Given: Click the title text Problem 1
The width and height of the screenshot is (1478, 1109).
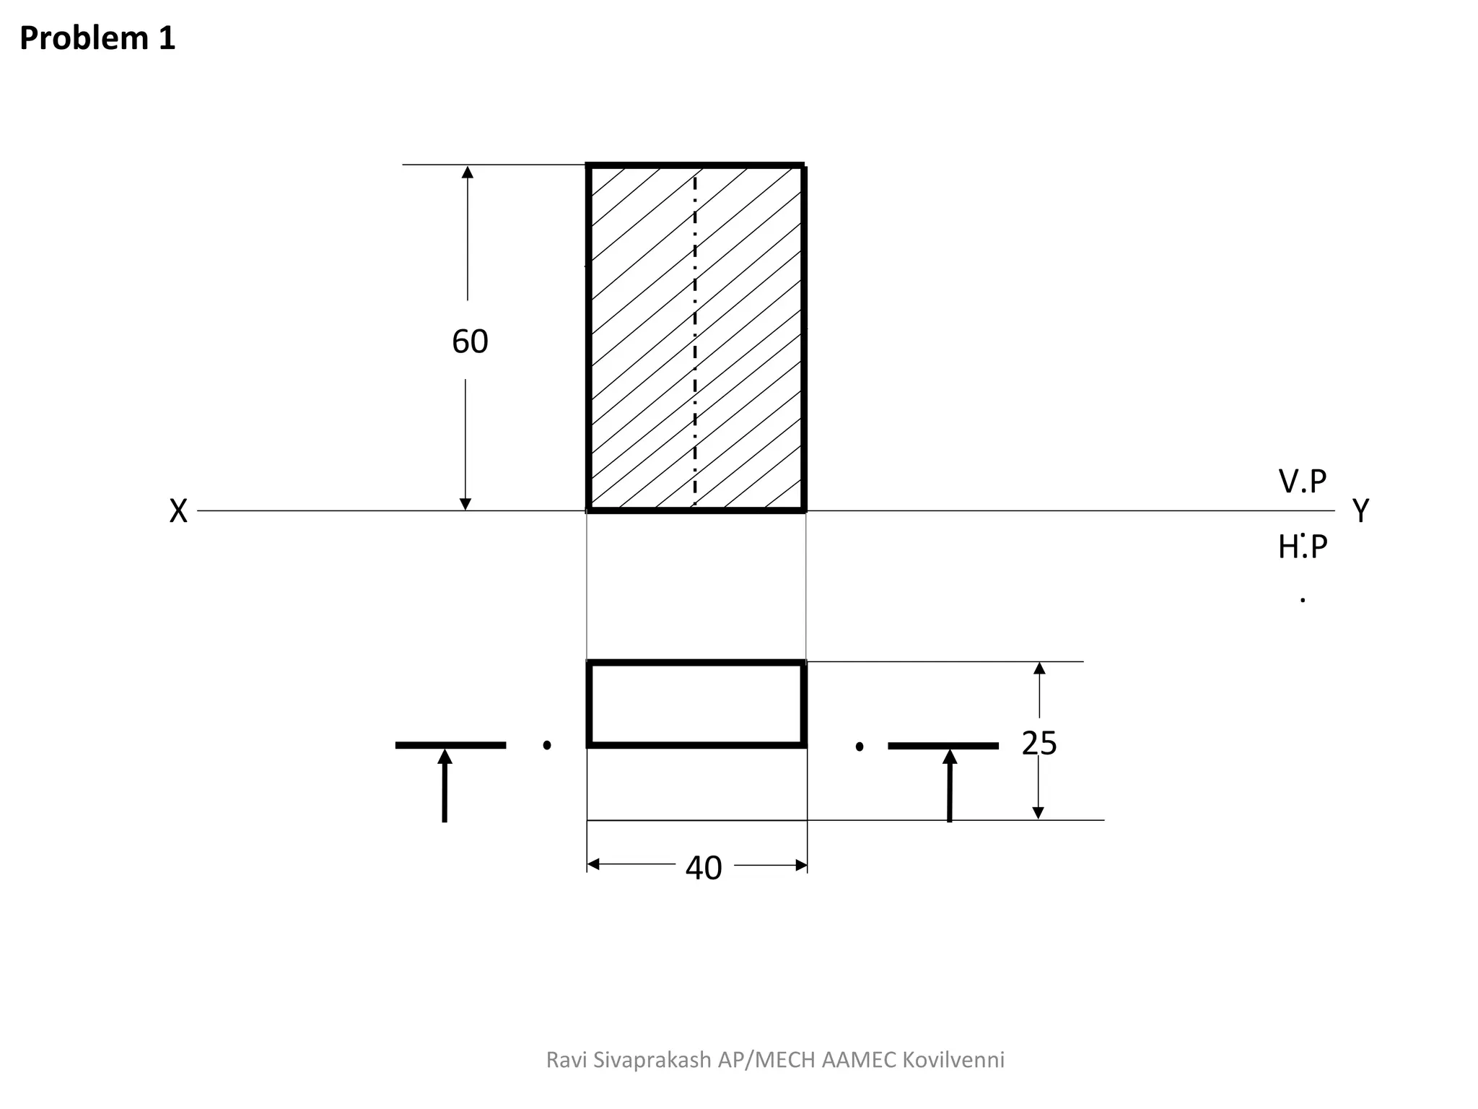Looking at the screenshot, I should [97, 38].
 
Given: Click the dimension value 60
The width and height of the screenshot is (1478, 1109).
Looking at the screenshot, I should [470, 342].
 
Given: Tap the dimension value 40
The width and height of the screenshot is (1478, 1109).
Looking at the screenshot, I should [704, 868].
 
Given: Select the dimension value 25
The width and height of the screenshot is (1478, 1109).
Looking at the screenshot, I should [1039, 743].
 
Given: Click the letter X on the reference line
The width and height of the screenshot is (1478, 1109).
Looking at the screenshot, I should [178, 511].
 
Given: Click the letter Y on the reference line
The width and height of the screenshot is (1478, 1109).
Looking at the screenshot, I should [1360, 511].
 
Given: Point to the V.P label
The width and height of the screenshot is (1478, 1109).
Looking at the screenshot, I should [1303, 482].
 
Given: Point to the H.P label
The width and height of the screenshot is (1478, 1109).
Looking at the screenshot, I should [1303, 547].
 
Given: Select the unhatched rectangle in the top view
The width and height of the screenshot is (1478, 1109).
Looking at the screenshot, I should [696, 704].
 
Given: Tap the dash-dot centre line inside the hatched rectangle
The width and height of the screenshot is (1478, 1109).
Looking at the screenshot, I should [695, 339].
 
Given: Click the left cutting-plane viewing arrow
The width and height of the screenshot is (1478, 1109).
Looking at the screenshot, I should [445, 783].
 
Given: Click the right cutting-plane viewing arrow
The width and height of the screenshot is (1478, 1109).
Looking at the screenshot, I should [950, 783].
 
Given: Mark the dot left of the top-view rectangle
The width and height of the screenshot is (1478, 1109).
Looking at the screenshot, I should [547, 745].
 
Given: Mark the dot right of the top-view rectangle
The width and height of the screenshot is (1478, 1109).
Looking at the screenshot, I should [860, 747].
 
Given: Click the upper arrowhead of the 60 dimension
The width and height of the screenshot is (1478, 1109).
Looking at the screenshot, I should [468, 172].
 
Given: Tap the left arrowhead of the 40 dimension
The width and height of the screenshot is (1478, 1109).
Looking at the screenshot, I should [593, 865].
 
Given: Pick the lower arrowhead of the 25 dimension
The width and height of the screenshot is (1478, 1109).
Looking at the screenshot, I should [1038, 813].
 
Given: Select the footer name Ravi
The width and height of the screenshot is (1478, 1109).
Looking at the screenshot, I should [566, 1060].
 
